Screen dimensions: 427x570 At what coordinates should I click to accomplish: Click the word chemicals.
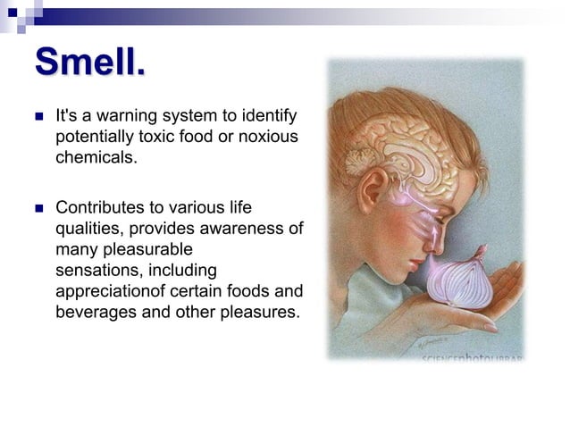pos(96,157)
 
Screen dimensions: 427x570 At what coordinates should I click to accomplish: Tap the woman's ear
pos(374,189)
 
